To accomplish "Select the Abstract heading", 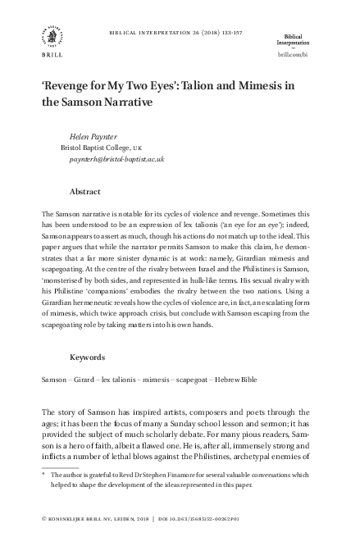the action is pyautogui.click(x=86, y=191).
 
